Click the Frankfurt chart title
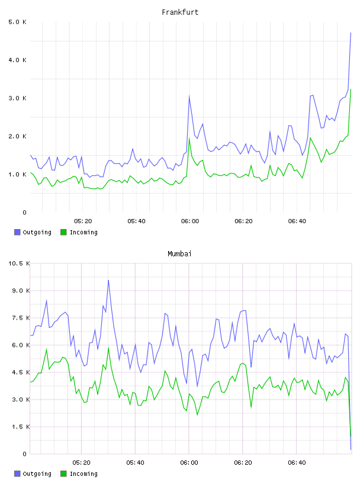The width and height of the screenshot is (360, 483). point(180,12)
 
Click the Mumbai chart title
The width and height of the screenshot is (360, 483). point(179,254)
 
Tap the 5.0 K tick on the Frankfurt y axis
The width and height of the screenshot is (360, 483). point(18,22)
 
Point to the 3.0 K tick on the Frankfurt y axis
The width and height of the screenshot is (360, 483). point(18,98)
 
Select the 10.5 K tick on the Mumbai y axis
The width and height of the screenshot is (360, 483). point(19,263)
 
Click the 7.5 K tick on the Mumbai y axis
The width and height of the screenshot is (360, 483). point(21,318)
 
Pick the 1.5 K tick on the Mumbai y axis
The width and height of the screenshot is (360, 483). point(21,427)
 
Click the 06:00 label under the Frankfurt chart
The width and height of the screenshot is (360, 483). point(190,221)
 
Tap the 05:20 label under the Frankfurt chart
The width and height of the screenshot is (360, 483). point(83,221)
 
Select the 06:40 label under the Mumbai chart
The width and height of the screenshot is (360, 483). point(297,463)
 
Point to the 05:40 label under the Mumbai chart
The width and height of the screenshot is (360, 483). point(136,463)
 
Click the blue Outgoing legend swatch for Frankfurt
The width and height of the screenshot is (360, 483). point(17,232)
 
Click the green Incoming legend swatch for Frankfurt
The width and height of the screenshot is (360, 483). point(63,232)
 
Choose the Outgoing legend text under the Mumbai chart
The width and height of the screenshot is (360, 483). point(37,474)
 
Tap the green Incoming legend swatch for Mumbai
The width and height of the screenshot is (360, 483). point(63,474)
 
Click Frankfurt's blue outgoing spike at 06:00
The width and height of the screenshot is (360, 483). point(189,96)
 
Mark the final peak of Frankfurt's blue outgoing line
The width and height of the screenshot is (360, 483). point(351,33)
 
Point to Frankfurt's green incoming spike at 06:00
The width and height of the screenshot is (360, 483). point(189,138)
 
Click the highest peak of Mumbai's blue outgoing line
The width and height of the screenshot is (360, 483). point(108,281)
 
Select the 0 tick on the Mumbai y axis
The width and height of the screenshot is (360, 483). point(25,454)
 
